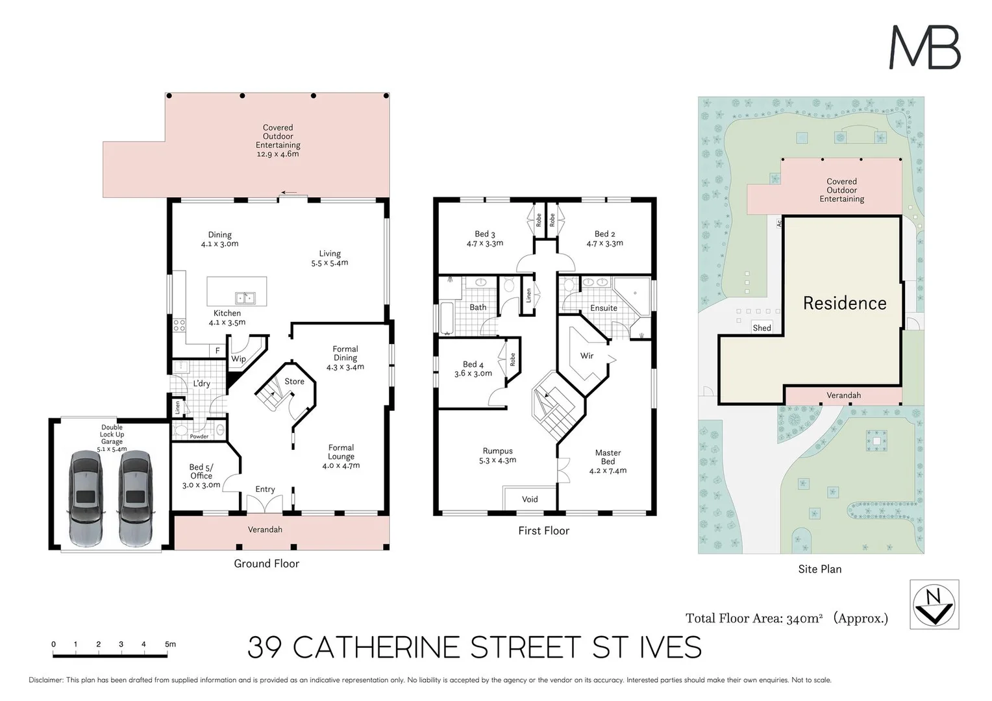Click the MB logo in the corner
[924, 47]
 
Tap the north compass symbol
[934, 604]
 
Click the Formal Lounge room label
[341, 456]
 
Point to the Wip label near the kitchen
[238, 359]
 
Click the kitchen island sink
[245, 298]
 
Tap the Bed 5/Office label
[201, 476]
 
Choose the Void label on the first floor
[530, 499]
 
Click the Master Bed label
[608, 461]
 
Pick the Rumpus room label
[498, 456]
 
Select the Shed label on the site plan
[762, 328]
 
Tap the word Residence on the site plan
[844, 303]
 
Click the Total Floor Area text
[786, 619]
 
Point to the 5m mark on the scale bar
[169, 645]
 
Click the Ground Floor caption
[266, 563]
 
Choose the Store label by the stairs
[294, 382]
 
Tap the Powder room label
[199, 436]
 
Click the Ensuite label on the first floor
[603, 308]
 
